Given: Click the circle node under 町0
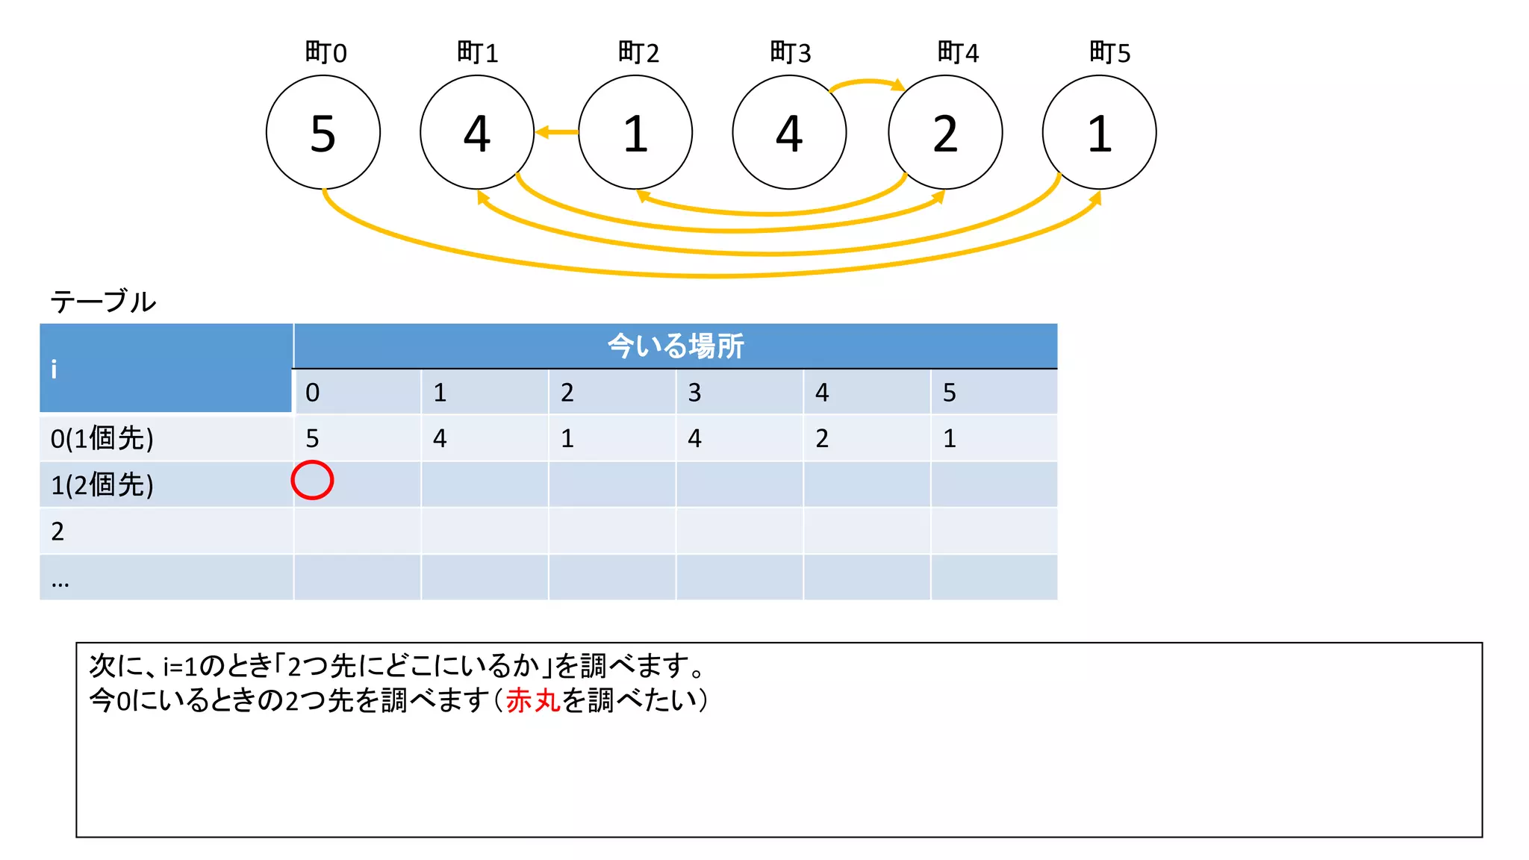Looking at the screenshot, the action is (x=323, y=133).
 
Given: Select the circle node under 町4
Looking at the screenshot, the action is (x=945, y=133).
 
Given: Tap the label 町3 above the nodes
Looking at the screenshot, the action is (x=790, y=53).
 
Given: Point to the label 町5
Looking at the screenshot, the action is (x=1109, y=53).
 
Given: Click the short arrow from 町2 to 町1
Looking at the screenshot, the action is (x=557, y=132).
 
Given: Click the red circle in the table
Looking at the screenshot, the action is (x=312, y=480).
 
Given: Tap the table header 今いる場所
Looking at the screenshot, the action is (x=675, y=346).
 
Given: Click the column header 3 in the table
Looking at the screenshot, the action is (x=694, y=393).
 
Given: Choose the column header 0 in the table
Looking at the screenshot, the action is (x=313, y=393).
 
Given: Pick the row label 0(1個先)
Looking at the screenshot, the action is (x=102, y=438).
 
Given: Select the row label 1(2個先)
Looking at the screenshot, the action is (x=102, y=485).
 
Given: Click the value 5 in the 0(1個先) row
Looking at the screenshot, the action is (x=313, y=438).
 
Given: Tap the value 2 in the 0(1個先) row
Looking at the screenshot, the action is (x=822, y=438).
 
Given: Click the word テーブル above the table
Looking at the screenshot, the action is (x=103, y=302).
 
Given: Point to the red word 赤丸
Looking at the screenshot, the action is (x=533, y=700).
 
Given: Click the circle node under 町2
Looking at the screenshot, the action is (x=635, y=133).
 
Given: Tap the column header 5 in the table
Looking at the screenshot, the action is (x=950, y=393).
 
